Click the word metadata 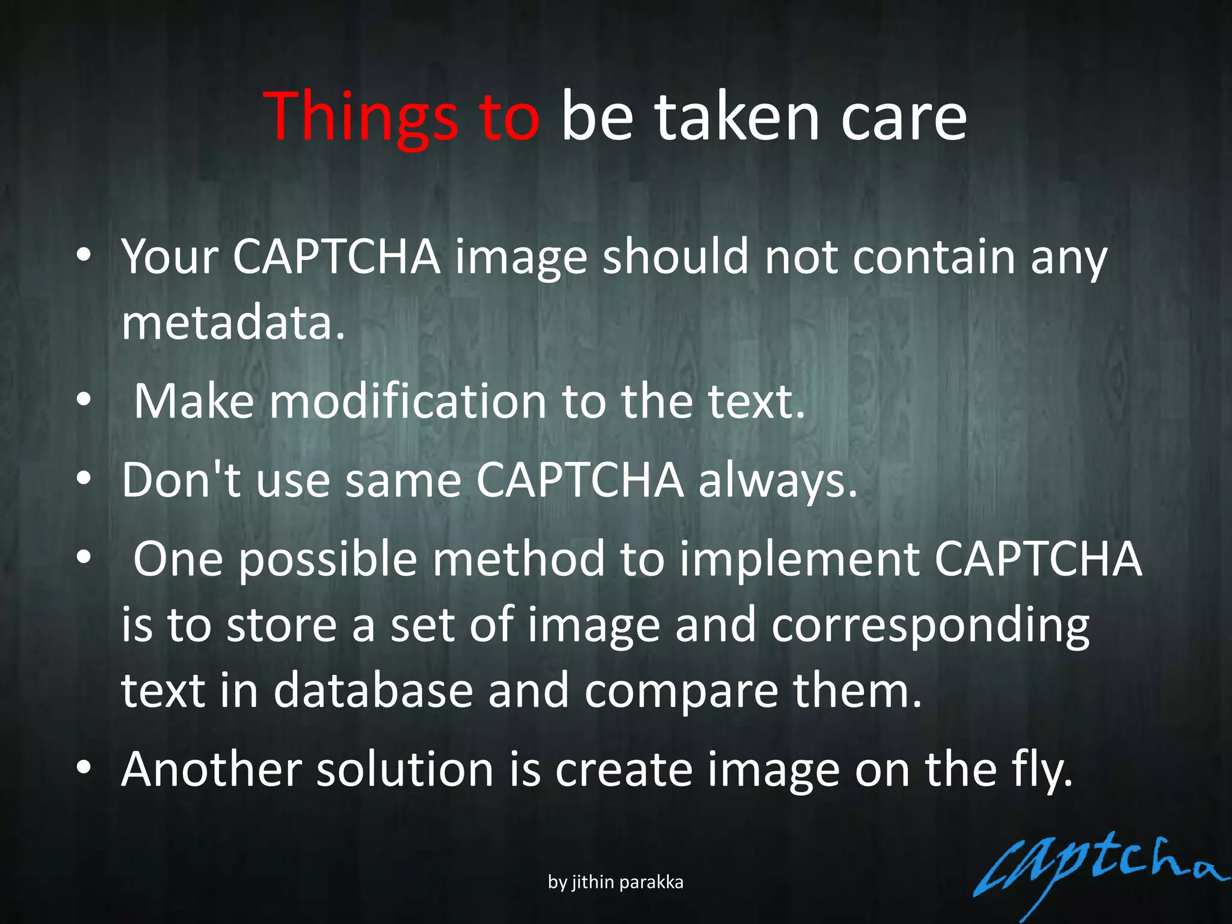click(x=233, y=322)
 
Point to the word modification click(x=407, y=401)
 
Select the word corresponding click(x=930, y=626)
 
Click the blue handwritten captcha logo click(x=1095, y=872)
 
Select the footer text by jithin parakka click(x=615, y=882)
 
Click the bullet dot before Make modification click(x=84, y=399)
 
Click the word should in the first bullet click(x=675, y=257)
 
